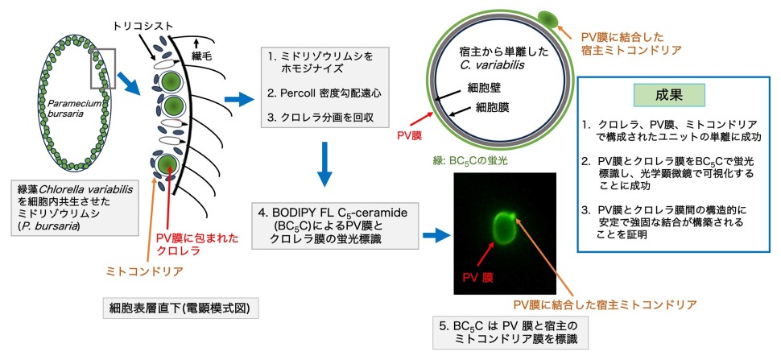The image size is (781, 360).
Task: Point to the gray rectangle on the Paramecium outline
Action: click(104, 68)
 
